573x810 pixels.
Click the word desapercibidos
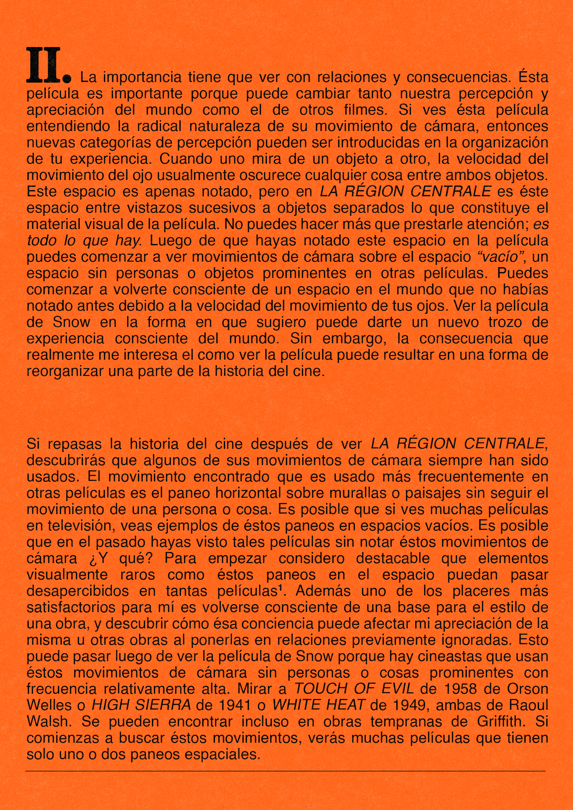[78, 591]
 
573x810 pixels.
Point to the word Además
[323, 591]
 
